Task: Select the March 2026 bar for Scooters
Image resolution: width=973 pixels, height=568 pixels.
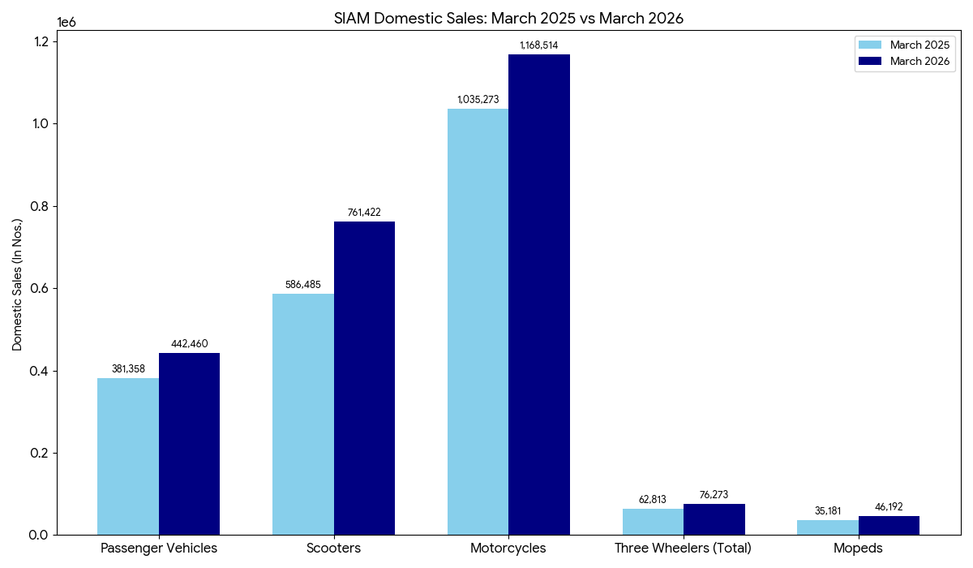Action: click(x=364, y=378)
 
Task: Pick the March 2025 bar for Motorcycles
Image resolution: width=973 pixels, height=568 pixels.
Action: click(x=478, y=321)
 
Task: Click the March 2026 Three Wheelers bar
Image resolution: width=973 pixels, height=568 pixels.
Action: click(x=714, y=519)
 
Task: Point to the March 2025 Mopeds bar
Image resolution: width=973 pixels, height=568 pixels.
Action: click(x=827, y=527)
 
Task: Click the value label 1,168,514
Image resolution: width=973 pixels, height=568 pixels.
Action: click(x=539, y=45)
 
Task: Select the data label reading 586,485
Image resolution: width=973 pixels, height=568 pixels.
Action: click(x=303, y=285)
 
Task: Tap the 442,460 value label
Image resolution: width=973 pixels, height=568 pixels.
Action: click(x=189, y=344)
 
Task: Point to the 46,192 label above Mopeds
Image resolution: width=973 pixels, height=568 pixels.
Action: click(x=889, y=507)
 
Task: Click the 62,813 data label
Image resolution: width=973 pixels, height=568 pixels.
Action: click(x=653, y=500)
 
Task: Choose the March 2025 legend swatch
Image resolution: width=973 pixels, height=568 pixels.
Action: click(x=871, y=45)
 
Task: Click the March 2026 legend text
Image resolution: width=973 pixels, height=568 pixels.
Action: click(x=919, y=62)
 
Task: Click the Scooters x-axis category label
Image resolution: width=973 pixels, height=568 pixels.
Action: click(x=333, y=549)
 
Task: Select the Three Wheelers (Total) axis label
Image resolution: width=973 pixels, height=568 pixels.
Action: click(x=683, y=549)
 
